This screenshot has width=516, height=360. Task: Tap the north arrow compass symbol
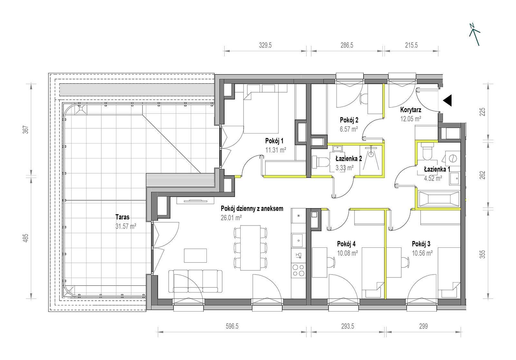click(x=474, y=35)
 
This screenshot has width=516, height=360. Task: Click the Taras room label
click(x=122, y=217)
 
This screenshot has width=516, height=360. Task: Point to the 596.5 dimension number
click(x=232, y=326)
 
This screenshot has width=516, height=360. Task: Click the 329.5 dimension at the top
click(x=265, y=45)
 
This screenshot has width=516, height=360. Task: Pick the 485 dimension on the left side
click(x=26, y=238)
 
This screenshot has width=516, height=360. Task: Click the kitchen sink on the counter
click(x=299, y=241)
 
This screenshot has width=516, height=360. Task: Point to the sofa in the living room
click(x=195, y=282)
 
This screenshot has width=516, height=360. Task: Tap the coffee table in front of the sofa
click(x=195, y=255)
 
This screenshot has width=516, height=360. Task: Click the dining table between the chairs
click(x=250, y=248)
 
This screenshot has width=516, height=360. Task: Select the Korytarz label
click(x=411, y=110)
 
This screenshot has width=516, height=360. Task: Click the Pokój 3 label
click(x=421, y=244)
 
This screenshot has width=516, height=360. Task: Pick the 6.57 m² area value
click(x=349, y=129)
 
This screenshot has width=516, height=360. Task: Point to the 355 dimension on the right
click(x=482, y=254)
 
